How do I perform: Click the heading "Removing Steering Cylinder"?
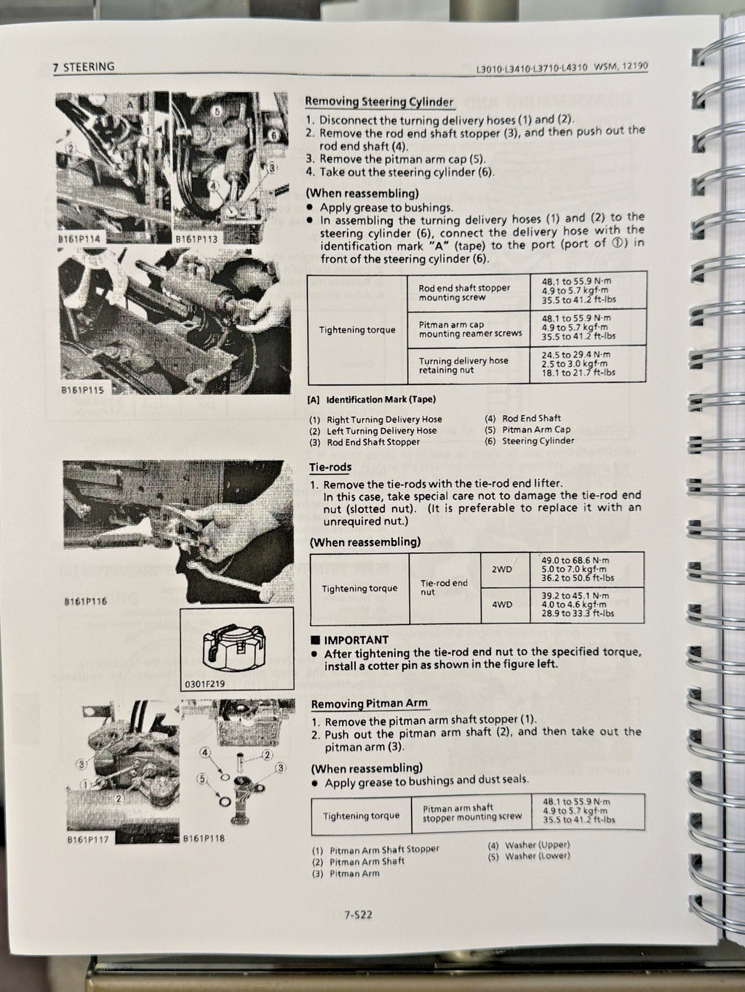[x=378, y=102]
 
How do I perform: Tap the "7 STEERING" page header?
[x=84, y=67]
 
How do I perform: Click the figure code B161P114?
[x=81, y=238]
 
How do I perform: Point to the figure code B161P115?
[x=82, y=390]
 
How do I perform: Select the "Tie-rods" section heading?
[x=330, y=467]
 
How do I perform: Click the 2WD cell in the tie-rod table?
[x=502, y=569]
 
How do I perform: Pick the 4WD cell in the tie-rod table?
[x=502, y=605]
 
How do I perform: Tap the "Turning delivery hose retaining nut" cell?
[x=463, y=365]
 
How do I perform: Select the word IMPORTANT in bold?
[x=356, y=640]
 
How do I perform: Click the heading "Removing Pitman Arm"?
[x=369, y=703]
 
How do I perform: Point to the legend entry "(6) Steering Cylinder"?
[x=529, y=440]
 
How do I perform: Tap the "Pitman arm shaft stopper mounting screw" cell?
[x=471, y=812]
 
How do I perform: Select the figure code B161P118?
[x=204, y=838]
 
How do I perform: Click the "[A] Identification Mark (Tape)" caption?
[x=372, y=399]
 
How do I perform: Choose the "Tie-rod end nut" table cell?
[x=444, y=587]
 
